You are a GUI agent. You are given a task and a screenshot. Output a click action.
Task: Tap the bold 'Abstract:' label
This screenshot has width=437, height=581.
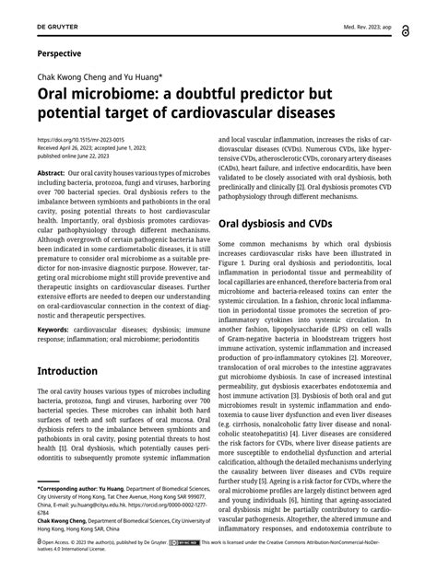[51, 172]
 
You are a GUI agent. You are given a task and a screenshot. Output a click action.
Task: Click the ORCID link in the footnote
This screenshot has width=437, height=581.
[184, 505]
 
